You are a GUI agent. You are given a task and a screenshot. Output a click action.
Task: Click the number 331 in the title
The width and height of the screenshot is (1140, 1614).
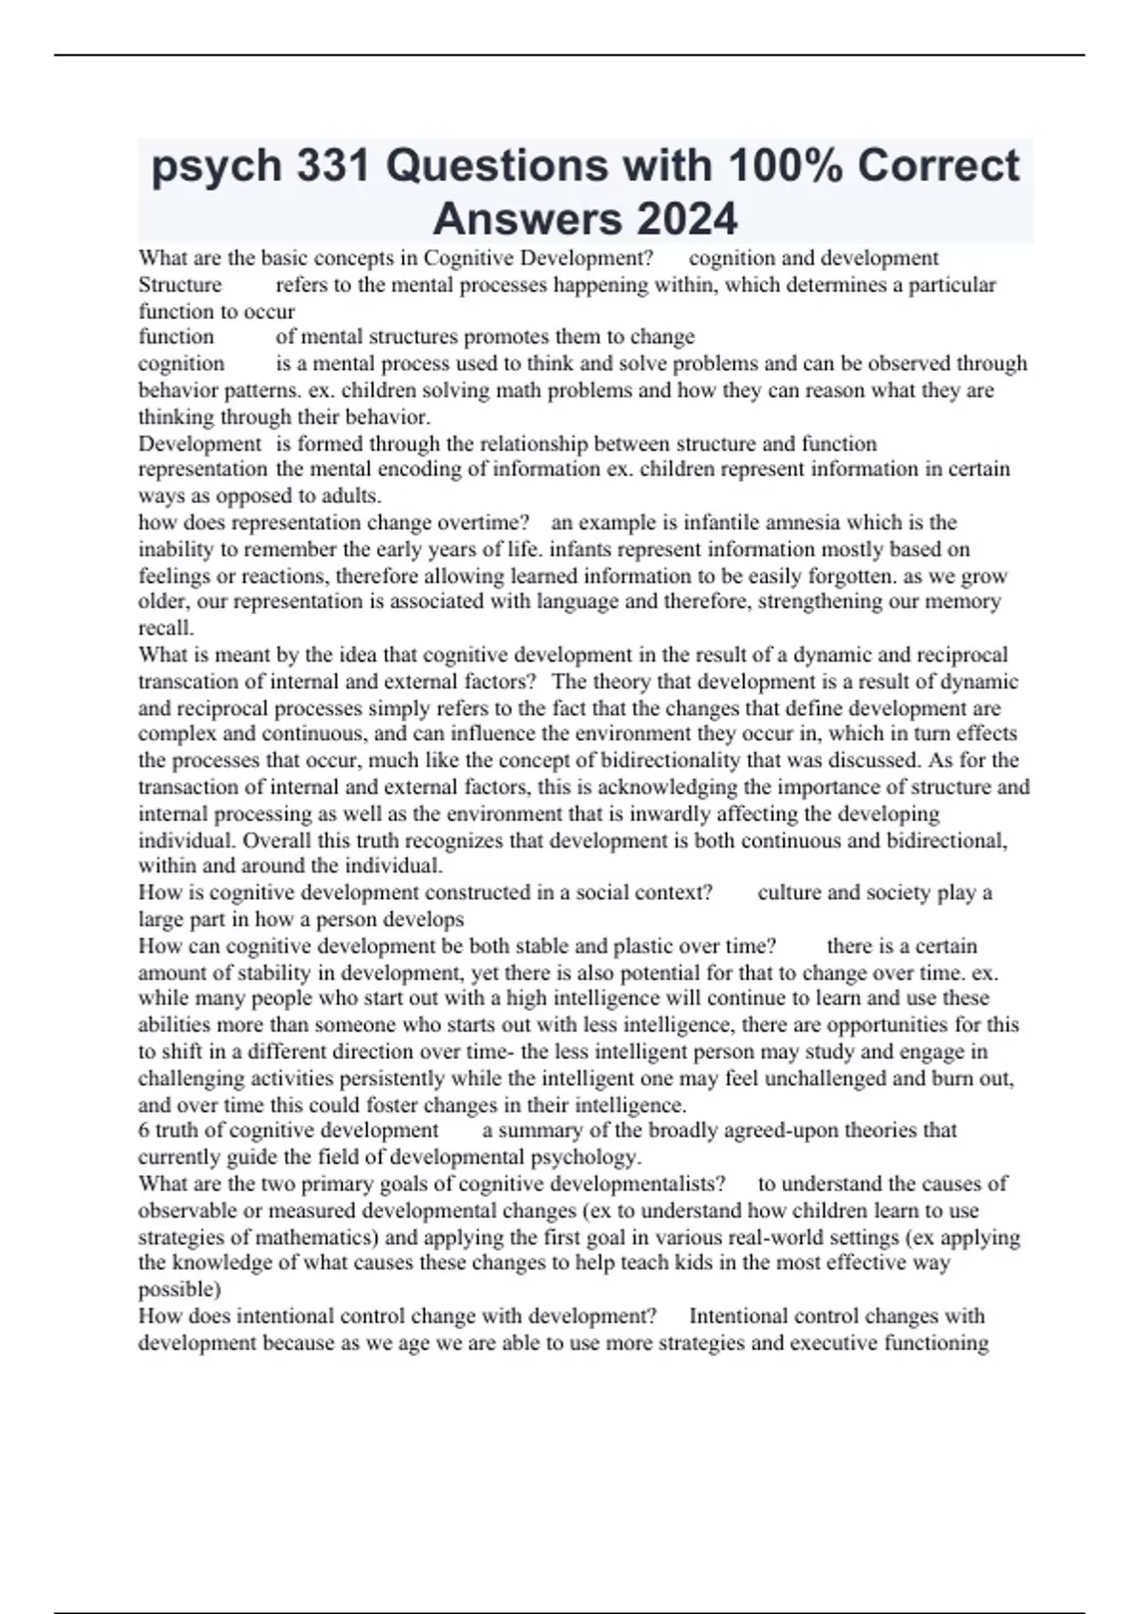tap(332, 166)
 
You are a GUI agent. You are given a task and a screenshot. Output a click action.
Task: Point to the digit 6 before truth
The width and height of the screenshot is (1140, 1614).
tap(143, 1131)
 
